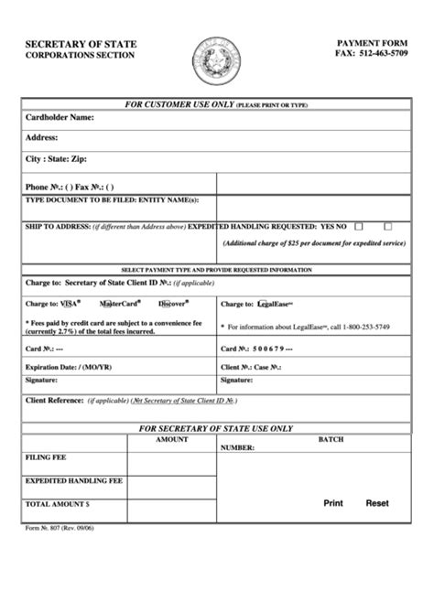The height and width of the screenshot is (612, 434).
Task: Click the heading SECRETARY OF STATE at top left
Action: click(80, 43)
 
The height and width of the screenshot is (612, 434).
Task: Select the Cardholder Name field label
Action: click(60, 117)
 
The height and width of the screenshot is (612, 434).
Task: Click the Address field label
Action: click(43, 137)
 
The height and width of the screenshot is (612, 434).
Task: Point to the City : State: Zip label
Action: click(62, 158)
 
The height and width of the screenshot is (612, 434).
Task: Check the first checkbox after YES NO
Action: click(359, 225)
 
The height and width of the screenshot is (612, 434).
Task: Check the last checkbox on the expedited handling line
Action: click(388, 225)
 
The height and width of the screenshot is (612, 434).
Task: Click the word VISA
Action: click(71, 303)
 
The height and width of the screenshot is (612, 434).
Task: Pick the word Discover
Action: click(172, 303)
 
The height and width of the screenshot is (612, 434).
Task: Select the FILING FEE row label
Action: click(46, 456)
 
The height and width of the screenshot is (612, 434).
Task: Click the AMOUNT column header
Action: click(171, 440)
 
